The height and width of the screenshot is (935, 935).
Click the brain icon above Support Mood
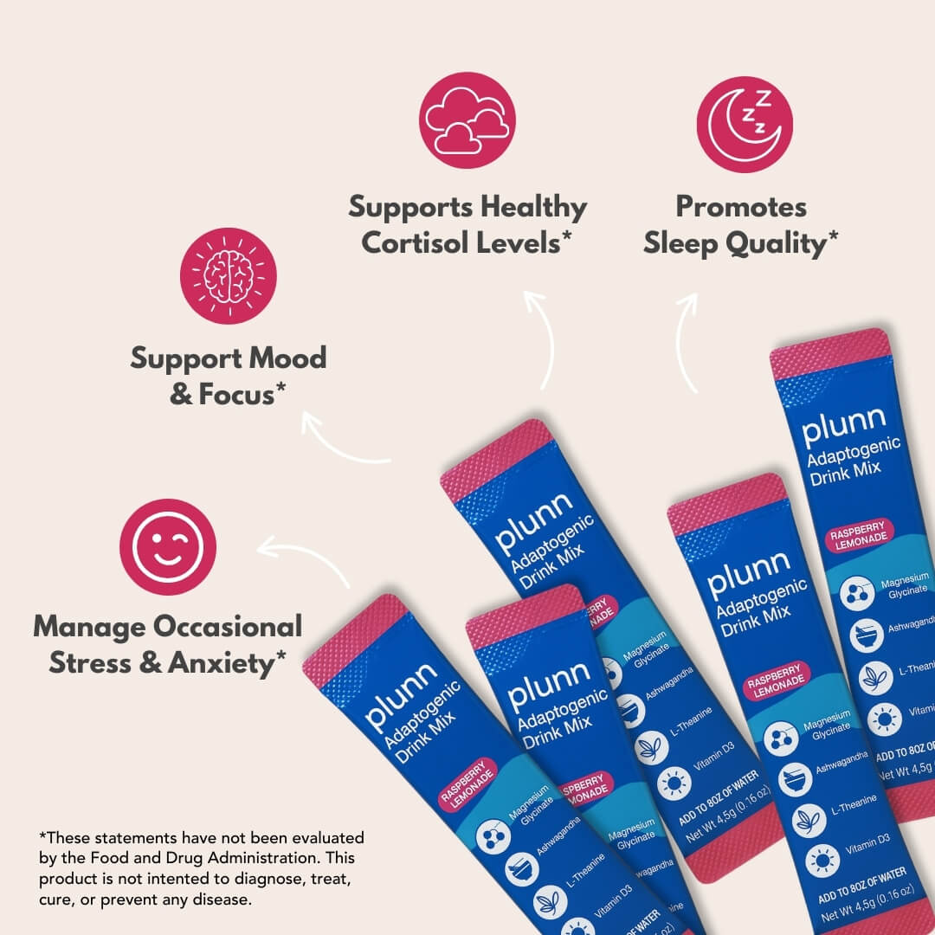228,275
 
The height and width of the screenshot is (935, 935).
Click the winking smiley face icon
167,546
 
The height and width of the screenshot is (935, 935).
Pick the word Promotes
740,207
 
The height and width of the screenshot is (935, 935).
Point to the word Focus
236,395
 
